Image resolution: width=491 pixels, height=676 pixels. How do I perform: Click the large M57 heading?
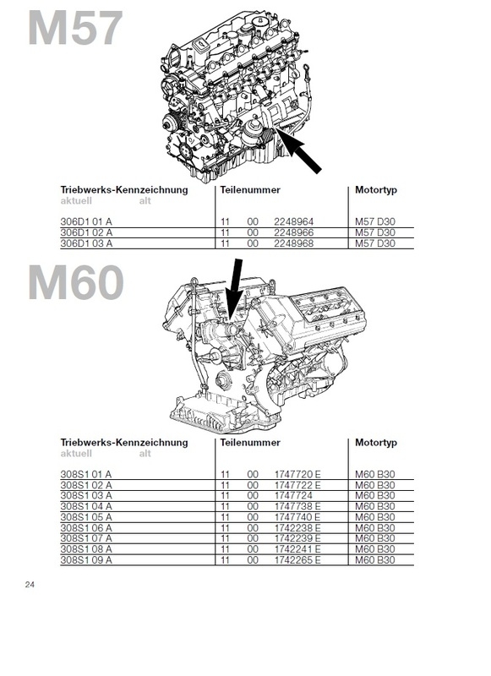75,29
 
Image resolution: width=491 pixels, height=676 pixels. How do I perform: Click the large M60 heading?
76,282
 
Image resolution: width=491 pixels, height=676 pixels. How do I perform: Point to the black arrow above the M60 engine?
235,290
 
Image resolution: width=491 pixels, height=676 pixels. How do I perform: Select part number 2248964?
293,222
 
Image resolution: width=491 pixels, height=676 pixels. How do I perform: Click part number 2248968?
293,243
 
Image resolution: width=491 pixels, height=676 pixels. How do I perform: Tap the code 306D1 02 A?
86,233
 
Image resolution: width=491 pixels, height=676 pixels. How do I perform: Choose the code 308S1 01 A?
86,474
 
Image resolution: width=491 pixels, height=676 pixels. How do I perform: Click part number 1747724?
293,496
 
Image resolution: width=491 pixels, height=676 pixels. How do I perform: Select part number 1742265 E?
297,560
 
